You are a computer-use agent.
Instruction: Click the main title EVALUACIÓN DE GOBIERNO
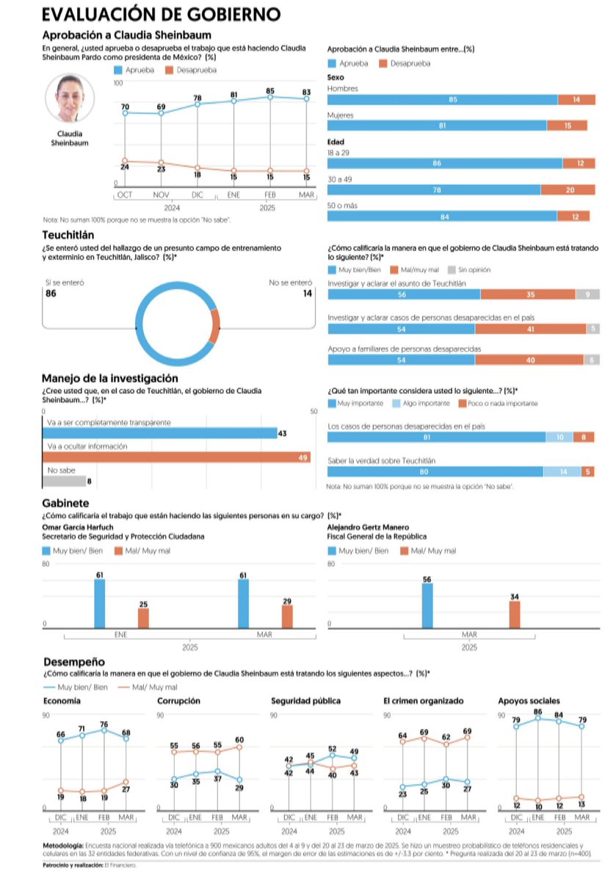coord(161,14)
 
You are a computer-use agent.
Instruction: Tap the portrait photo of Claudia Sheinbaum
coord(72,98)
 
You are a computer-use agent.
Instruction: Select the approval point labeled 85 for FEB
coord(271,97)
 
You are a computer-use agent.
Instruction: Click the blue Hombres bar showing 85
coord(442,100)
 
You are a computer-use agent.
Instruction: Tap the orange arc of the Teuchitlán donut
coord(214,326)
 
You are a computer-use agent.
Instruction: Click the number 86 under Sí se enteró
coord(51,294)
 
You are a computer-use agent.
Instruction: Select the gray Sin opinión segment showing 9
coord(587,294)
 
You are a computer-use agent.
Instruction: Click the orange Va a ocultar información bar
coord(176,457)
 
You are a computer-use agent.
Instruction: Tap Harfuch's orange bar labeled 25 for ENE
coord(143,617)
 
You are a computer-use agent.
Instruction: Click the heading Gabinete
coord(66,504)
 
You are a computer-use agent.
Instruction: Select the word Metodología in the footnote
coord(63,846)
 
